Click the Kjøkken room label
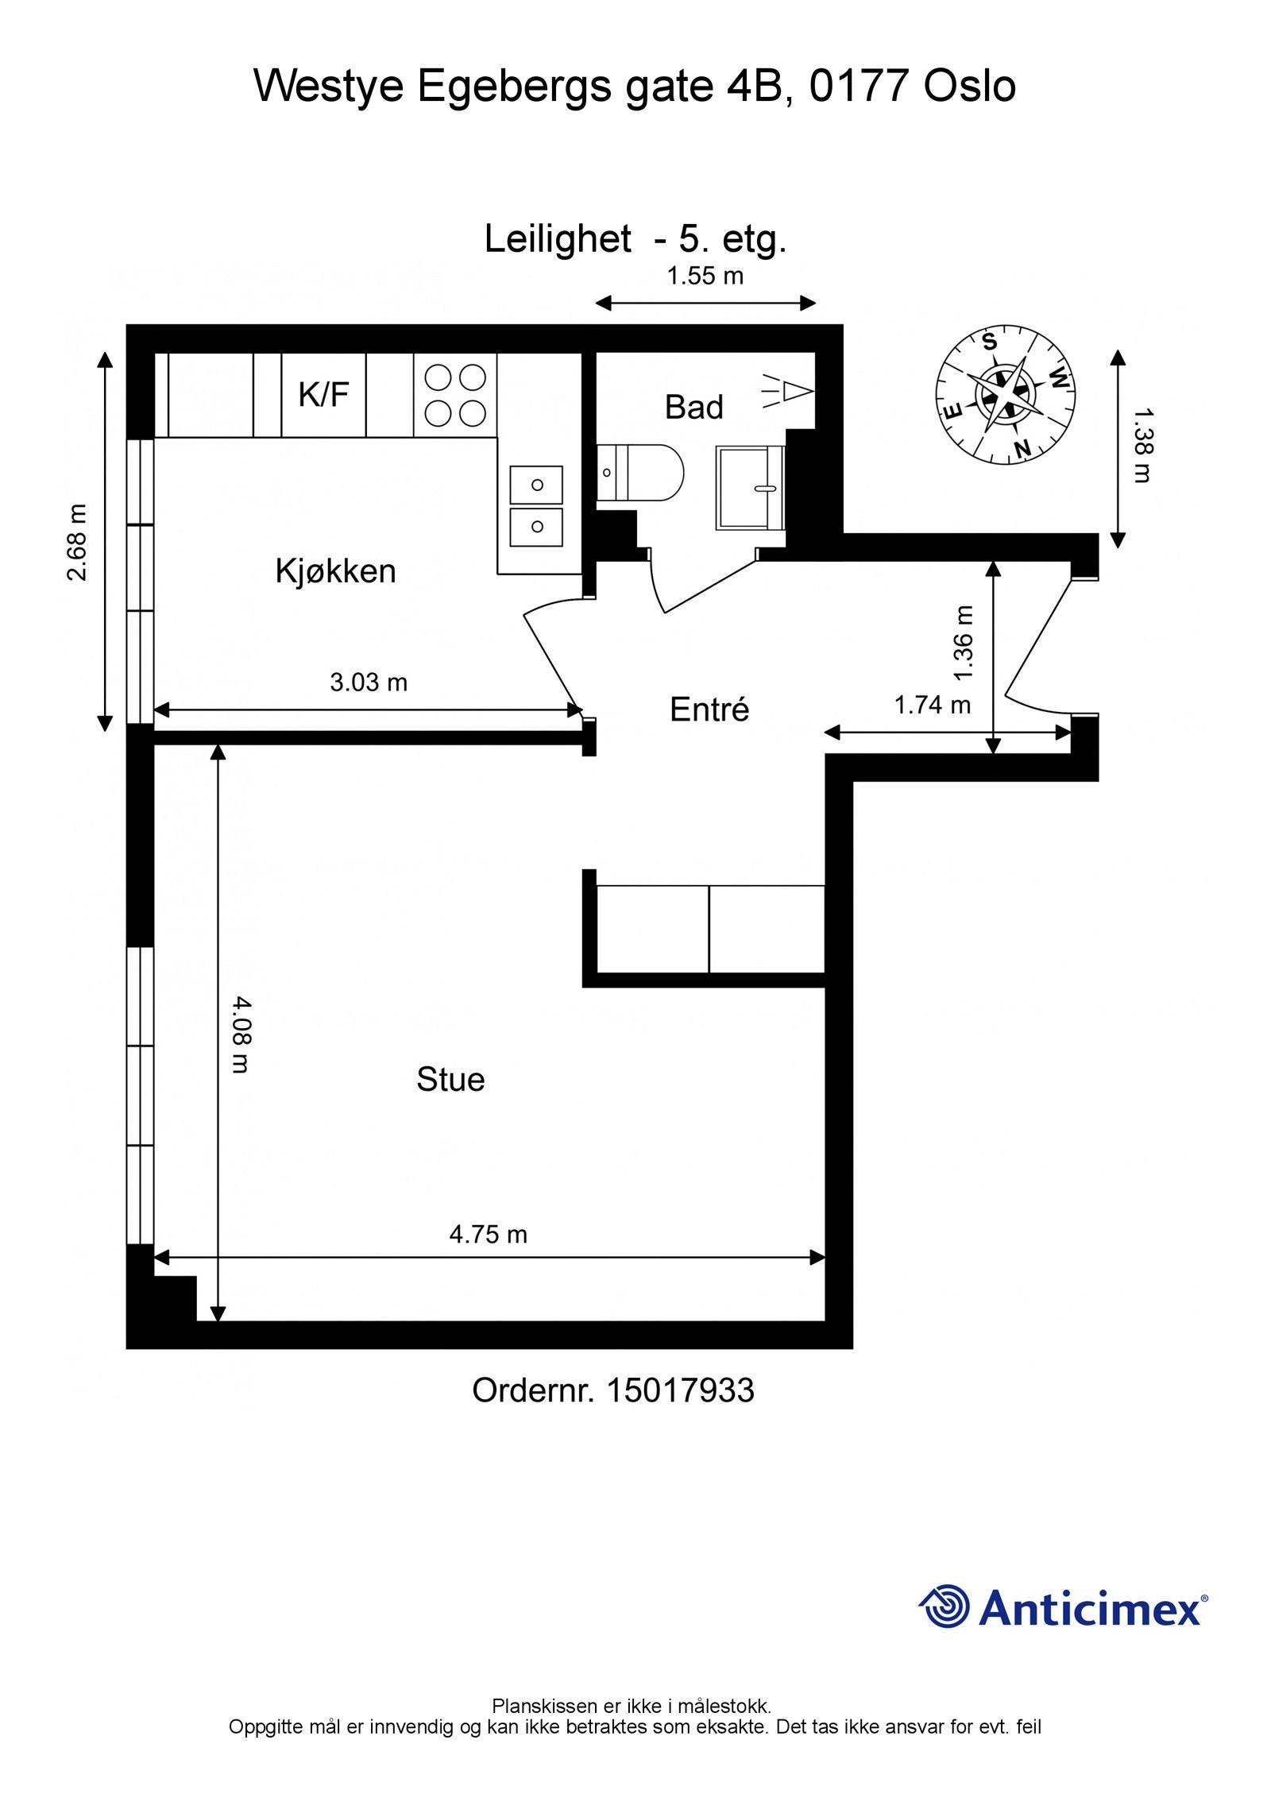335,571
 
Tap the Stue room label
450,1080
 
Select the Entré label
709,710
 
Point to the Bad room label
693,408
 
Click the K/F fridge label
323,395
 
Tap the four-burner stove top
454,395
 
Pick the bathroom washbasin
750,487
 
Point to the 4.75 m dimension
488,1234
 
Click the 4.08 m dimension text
240,1036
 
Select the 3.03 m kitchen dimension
368,682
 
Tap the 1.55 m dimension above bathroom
705,276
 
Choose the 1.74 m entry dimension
932,705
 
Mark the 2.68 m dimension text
78,543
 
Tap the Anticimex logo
1064,1607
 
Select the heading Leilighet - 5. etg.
635,238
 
